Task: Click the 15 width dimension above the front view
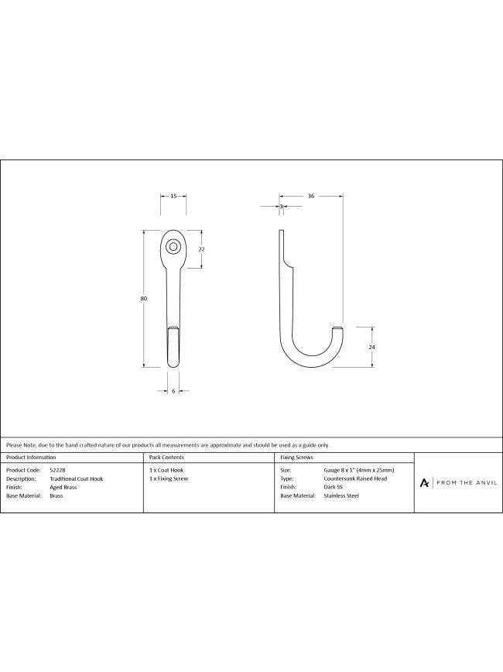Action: click(x=173, y=197)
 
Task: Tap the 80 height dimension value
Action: click(x=143, y=298)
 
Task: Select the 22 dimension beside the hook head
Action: click(x=202, y=249)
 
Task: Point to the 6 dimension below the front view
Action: click(x=173, y=391)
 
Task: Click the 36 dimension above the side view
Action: click(x=311, y=197)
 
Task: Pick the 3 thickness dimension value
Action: click(x=282, y=207)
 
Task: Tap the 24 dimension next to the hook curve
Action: click(x=371, y=347)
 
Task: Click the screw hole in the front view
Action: click(x=173, y=246)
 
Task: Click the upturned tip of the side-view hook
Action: click(x=338, y=329)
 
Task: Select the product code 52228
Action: click(x=57, y=470)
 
